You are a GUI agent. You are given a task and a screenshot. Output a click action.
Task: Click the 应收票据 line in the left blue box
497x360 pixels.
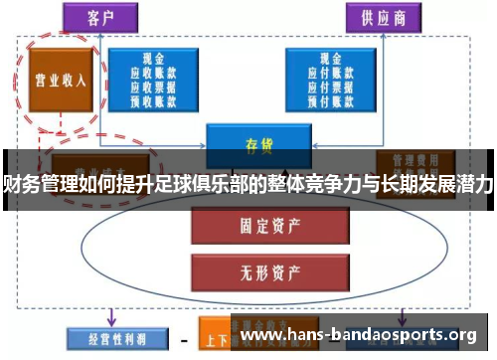(154, 86)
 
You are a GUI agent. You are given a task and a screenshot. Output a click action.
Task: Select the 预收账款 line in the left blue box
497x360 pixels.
(154, 98)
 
